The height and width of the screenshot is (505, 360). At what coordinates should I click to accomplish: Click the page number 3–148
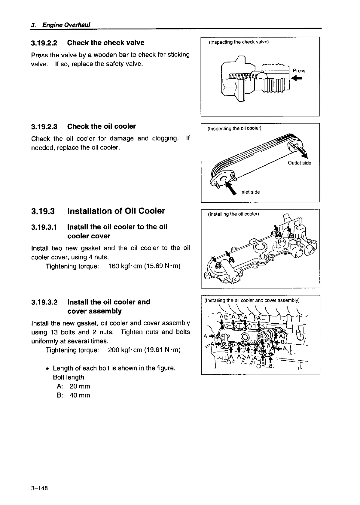pos(39,488)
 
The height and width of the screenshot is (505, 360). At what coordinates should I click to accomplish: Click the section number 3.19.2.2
pos(44,43)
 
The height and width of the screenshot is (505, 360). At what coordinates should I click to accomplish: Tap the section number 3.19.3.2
pos(44,302)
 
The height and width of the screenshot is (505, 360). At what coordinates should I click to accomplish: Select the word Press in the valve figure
pos(299,71)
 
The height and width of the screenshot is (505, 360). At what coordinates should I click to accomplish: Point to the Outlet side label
pos(299,163)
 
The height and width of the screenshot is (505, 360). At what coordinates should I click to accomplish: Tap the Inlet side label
pos(250,192)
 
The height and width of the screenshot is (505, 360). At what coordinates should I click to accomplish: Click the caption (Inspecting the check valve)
pos(239,42)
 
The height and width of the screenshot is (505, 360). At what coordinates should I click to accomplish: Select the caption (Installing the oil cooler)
pos(233,214)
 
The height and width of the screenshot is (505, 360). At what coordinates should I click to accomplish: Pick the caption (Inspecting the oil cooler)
pos(234,129)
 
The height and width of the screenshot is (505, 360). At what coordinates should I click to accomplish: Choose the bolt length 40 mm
pos(80,395)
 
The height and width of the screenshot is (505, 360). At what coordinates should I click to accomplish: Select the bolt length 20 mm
pos(80,386)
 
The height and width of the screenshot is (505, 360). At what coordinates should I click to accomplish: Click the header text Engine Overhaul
pos(66,25)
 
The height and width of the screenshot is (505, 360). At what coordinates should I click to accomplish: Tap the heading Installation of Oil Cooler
pos(116,211)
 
